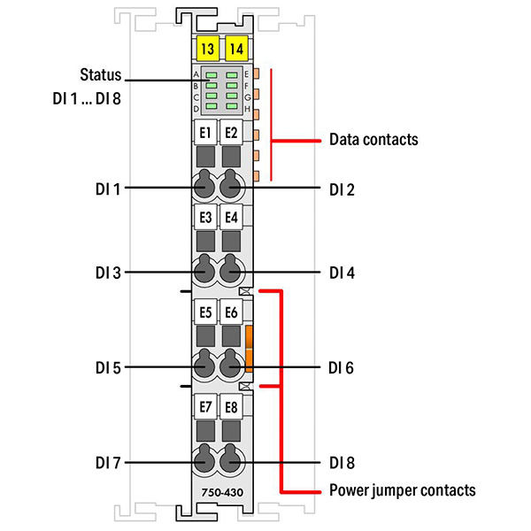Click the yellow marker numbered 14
235,48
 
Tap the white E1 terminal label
205,134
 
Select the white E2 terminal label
232,134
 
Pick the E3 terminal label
205,217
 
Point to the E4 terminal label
232,217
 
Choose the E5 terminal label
205,312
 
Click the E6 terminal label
232,312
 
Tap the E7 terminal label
205,407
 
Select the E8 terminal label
232,407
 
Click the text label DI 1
110,189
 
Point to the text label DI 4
342,273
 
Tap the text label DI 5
110,366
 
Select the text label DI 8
342,462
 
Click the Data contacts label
373,140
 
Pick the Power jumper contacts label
402,490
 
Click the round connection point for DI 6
233,365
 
